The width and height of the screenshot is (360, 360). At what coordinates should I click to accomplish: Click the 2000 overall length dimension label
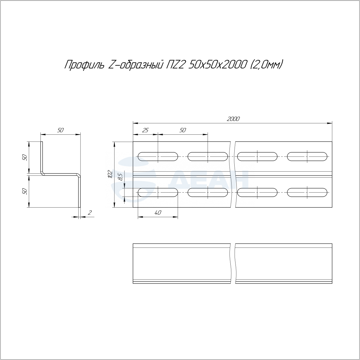pos(233,119)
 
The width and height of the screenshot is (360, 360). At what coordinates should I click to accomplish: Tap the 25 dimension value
pos(145,130)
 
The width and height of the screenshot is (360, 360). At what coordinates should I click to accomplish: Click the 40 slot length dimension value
pos(158,213)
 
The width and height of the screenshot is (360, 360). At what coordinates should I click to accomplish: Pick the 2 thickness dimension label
pos(90,212)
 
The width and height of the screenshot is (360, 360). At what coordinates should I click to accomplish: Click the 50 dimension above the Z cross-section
pos(60,130)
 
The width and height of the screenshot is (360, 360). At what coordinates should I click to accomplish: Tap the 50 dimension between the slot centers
pos(183,130)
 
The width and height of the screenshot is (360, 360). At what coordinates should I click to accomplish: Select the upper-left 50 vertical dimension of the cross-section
pos(25,157)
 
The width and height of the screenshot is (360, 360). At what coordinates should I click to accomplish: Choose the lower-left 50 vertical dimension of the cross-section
pos(25,191)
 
